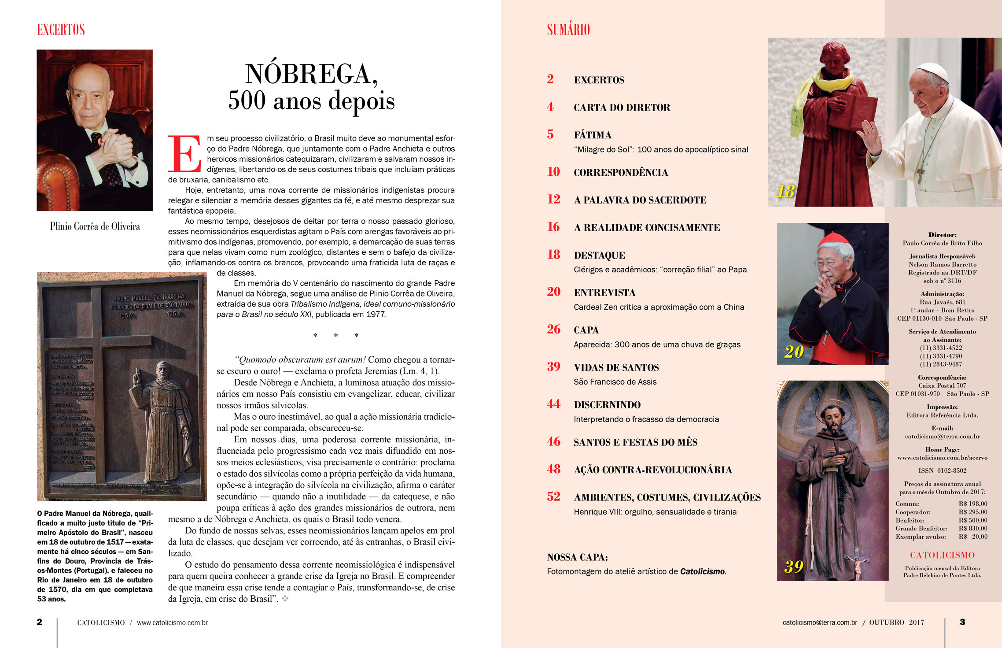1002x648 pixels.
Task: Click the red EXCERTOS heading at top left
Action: coord(61,30)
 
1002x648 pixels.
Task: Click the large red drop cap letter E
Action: coord(184,154)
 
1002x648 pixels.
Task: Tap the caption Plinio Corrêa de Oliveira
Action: coord(95,226)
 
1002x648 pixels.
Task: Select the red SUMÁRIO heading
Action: coord(568,30)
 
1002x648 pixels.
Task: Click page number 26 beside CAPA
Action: coord(553,330)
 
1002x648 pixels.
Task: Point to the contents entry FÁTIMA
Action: coord(592,135)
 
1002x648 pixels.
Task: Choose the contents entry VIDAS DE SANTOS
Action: coord(616,368)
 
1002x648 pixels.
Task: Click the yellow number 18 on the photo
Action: coord(786,191)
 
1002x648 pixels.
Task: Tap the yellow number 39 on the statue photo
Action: coord(794,567)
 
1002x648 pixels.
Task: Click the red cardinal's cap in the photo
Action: coord(833,239)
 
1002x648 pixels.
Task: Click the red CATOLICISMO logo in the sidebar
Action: coord(942,555)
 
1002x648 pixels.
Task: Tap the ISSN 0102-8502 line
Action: coord(942,470)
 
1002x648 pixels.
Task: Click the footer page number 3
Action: coord(962,622)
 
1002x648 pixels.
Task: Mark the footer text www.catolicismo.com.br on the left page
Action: coord(172,623)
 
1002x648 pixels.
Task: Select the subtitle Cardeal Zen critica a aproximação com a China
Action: coord(659,307)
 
